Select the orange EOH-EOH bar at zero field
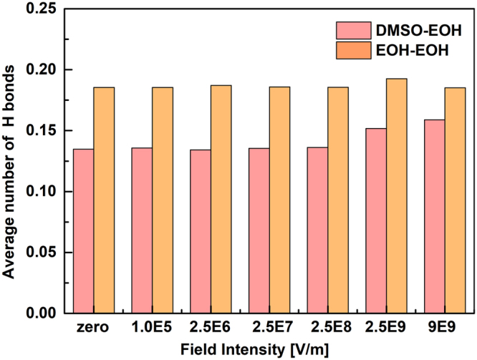click(x=104, y=200)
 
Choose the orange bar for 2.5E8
click(x=338, y=200)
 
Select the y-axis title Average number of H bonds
click(x=10, y=161)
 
